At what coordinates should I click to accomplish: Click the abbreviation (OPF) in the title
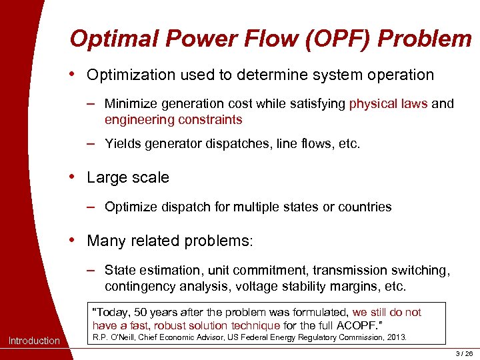click(x=331, y=39)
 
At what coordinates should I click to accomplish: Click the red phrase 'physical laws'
click(x=388, y=103)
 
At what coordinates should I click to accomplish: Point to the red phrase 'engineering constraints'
click(x=173, y=120)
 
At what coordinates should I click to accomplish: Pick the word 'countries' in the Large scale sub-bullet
click(x=365, y=207)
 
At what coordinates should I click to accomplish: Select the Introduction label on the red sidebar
click(x=34, y=341)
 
